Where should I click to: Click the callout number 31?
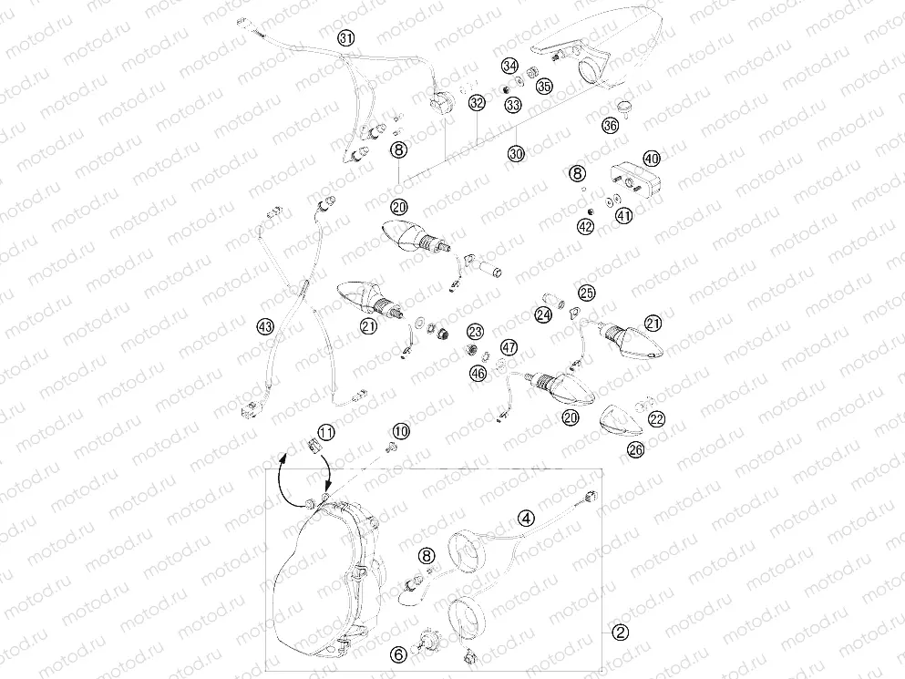point(345,38)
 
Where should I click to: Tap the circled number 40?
point(651,159)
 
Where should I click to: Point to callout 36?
point(610,126)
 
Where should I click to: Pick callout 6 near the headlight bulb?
point(397,653)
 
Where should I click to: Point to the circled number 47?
point(508,347)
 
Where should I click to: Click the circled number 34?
point(510,67)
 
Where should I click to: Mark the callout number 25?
point(586,293)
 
